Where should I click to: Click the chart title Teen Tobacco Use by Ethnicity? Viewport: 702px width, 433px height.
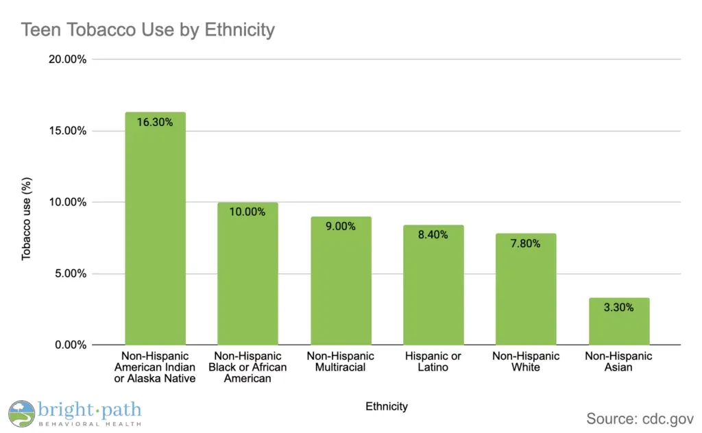pos(147,30)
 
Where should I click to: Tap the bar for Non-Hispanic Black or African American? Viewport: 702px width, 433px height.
pos(247,273)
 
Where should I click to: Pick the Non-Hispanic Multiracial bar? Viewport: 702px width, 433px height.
pos(341,281)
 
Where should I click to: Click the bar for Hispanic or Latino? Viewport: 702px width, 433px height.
pos(433,285)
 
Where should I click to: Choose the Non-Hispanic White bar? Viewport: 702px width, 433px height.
pos(526,289)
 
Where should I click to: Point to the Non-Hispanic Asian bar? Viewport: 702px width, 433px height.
pos(619,321)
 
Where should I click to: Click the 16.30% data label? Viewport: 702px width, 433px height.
pos(155,123)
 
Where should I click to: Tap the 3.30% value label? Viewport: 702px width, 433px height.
pos(619,308)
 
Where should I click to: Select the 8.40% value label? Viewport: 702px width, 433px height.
pos(433,235)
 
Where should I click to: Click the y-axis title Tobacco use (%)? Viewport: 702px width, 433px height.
pos(27,219)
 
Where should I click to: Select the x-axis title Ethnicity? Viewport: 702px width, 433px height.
pos(387,406)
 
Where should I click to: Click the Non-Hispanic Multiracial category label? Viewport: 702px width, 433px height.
pos(341,362)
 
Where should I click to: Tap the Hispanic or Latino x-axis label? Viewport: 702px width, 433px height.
pos(433,362)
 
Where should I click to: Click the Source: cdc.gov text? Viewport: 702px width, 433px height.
pos(640,418)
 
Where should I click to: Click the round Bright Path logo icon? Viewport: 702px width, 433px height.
pos(21,414)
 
